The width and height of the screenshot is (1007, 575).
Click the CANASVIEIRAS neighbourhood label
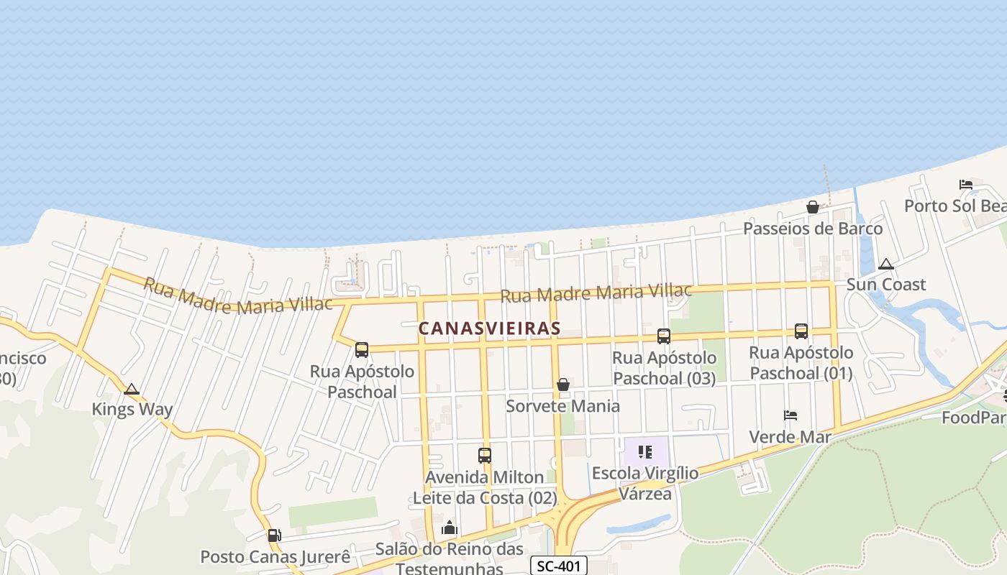(489, 328)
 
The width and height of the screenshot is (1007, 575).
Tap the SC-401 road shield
(559, 566)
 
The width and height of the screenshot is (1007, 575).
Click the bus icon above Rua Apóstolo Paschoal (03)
(664, 336)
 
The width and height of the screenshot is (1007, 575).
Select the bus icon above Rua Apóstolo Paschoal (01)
(801, 331)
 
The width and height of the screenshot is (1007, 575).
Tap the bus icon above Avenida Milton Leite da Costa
(485, 456)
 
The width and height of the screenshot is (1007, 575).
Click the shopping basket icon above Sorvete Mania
(563, 385)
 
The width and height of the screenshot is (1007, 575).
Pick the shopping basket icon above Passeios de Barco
(813, 208)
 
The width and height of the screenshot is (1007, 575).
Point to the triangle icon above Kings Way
(131, 390)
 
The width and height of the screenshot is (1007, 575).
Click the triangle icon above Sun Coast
(885, 264)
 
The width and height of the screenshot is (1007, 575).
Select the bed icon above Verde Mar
(790, 415)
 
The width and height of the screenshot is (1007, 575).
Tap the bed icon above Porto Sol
(966, 185)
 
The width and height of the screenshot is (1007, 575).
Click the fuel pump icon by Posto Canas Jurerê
(274, 535)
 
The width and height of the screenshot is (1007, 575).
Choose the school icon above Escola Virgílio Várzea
(645, 452)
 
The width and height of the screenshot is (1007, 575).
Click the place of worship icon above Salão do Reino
(450, 528)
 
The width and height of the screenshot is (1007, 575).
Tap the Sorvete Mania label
(562, 406)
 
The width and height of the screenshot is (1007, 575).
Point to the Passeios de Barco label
(813, 229)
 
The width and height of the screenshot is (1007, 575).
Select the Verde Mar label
(790, 437)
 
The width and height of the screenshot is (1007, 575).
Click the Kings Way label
(132, 410)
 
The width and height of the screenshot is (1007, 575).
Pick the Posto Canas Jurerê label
(275, 557)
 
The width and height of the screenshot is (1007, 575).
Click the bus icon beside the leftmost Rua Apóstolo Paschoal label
(362, 350)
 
